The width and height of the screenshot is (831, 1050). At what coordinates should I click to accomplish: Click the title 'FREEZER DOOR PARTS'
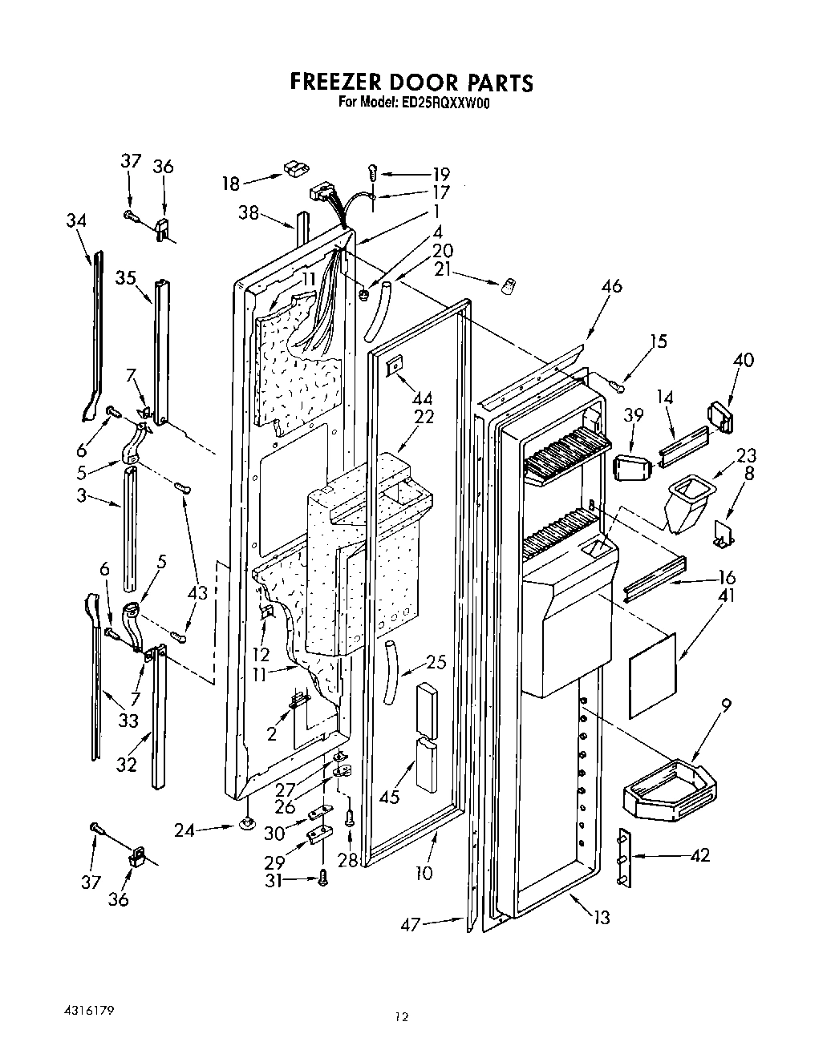(x=410, y=83)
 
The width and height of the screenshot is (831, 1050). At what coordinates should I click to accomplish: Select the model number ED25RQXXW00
(x=444, y=103)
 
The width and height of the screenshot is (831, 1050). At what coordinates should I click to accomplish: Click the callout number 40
(x=743, y=360)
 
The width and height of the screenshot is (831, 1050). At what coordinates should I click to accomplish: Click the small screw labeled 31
(x=323, y=878)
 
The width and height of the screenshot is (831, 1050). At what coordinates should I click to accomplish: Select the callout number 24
(x=185, y=830)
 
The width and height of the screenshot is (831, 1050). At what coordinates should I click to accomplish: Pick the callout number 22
(x=424, y=417)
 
